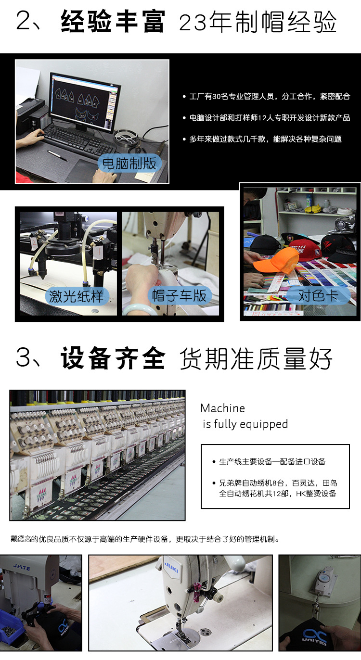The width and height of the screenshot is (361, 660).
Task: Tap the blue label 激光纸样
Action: click(x=77, y=296)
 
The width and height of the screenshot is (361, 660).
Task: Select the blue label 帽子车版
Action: click(x=180, y=295)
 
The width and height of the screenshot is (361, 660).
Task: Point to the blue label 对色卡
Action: click(x=318, y=295)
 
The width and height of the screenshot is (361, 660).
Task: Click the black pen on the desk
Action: click(x=57, y=155)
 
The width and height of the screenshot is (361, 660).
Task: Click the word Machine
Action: click(x=223, y=408)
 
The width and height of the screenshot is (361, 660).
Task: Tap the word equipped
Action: click(x=264, y=424)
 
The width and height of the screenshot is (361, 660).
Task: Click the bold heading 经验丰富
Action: click(x=113, y=21)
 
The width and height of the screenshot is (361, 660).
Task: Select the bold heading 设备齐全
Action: click(x=113, y=358)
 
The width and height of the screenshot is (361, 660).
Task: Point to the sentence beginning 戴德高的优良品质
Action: click(x=145, y=539)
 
